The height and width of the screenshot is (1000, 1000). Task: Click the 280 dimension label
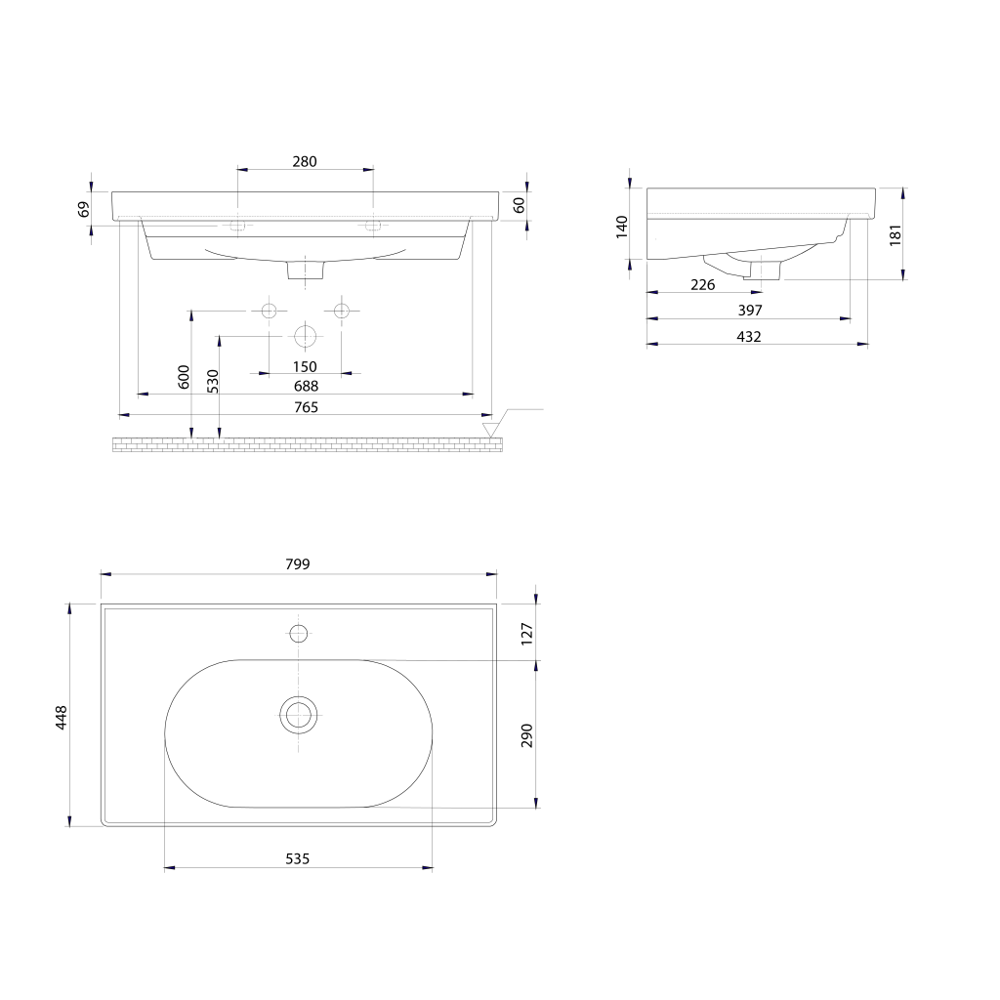pyautogui.click(x=305, y=161)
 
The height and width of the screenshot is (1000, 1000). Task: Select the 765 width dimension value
pyautogui.click(x=306, y=407)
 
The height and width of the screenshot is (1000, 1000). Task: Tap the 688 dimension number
pyautogui.click(x=306, y=386)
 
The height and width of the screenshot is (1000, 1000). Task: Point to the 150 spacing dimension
pyautogui.click(x=305, y=367)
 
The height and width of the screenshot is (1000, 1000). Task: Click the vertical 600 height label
pyautogui.click(x=184, y=377)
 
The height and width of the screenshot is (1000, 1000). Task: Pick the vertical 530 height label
pyautogui.click(x=212, y=382)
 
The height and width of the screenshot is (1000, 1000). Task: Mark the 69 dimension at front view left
pyautogui.click(x=84, y=209)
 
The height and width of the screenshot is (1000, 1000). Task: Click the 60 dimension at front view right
pyautogui.click(x=520, y=205)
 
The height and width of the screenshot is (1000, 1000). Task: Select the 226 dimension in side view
pyautogui.click(x=703, y=285)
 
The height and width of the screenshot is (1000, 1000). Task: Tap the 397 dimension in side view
pyautogui.click(x=750, y=310)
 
